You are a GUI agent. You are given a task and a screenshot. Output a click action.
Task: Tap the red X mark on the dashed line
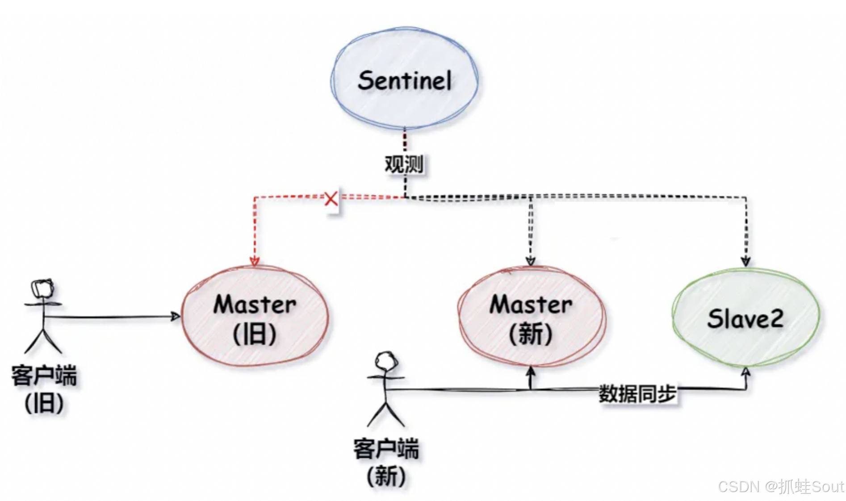click(x=331, y=199)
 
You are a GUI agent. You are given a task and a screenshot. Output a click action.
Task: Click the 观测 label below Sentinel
click(x=404, y=164)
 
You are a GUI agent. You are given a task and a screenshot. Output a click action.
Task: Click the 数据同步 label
click(x=637, y=393)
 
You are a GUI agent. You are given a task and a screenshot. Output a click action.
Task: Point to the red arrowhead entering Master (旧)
click(x=255, y=261)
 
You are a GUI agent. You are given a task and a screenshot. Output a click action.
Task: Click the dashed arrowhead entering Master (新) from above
click(x=530, y=261)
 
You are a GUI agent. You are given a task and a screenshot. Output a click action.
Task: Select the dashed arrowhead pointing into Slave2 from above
click(x=745, y=261)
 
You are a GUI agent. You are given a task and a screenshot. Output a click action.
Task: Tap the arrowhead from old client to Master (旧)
click(x=176, y=316)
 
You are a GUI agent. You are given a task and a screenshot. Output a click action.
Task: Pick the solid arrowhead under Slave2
click(x=745, y=372)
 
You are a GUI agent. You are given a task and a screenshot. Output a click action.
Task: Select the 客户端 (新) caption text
click(x=386, y=462)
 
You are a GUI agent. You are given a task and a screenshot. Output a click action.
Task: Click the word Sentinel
click(x=404, y=81)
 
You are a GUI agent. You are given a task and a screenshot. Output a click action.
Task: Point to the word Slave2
click(x=745, y=319)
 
